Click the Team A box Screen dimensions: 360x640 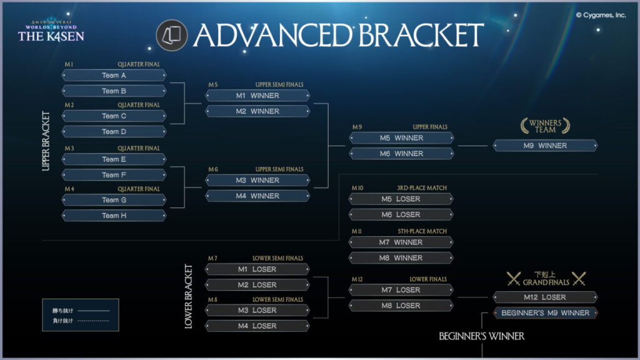click(x=114, y=76)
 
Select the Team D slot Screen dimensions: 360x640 click(x=114, y=132)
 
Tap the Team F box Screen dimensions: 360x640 click(x=114, y=175)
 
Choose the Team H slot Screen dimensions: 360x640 click(x=114, y=216)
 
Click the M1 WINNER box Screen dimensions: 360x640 click(x=257, y=96)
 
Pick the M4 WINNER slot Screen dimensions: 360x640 click(x=257, y=196)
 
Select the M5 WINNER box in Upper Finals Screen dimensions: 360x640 click(x=401, y=138)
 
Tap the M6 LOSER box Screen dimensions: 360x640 click(x=401, y=214)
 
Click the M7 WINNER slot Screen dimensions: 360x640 click(x=401, y=242)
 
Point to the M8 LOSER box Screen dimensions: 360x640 click(x=401, y=306)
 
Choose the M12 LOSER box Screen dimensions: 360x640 click(x=545, y=297)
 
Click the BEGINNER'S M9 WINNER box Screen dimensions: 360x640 click(x=545, y=313)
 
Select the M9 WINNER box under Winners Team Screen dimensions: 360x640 click(x=545, y=146)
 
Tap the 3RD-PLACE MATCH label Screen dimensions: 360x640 click(x=422, y=188)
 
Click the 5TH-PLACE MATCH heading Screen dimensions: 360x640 click(x=422, y=231)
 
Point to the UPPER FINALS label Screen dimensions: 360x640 click(x=429, y=127)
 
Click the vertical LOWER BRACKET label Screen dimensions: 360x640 click(x=189, y=297)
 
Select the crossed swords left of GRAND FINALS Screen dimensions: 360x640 click(x=514, y=279)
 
